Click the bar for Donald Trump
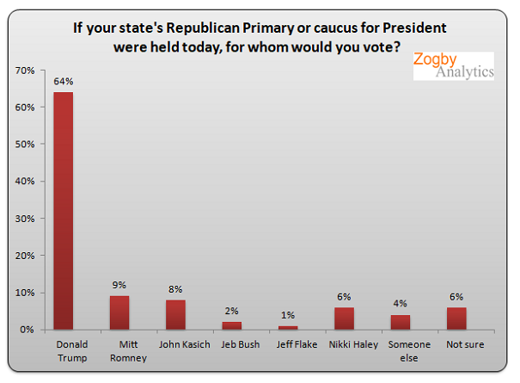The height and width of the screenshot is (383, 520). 63,211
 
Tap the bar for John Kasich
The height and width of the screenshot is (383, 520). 175,314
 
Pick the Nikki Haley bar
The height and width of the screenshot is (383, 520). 344,318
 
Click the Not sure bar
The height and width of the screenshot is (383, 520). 456,318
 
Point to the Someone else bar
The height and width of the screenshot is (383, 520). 401,322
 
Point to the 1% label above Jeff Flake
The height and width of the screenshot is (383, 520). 288,316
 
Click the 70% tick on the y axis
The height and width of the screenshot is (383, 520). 24,70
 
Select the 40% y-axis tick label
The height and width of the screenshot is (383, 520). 24,182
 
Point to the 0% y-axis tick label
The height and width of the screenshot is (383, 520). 27,330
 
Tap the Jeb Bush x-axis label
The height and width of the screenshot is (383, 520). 231,345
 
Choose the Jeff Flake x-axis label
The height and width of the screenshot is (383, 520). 288,345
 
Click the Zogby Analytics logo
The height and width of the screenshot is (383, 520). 453,65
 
